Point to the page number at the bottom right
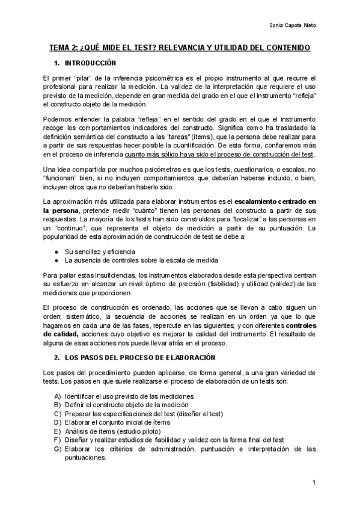coord(314,483)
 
